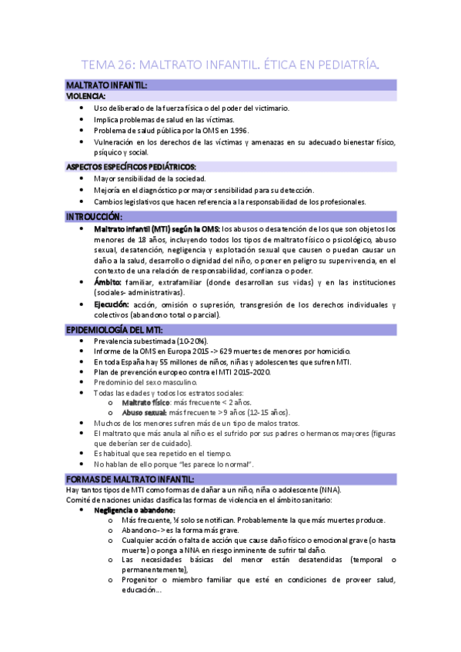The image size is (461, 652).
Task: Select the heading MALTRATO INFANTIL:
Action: tap(107, 85)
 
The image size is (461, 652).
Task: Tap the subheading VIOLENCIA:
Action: tap(85, 97)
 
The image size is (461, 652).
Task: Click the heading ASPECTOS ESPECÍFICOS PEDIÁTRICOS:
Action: tap(131, 167)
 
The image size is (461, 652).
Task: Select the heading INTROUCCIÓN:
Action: tap(99, 217)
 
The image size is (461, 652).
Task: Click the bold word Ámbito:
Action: tap(108, 282)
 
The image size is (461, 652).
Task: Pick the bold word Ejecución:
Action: tap(112, 304)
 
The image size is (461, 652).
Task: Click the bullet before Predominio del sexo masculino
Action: tap(82, 382)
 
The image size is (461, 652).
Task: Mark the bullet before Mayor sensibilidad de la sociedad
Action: tap(82, 178)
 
